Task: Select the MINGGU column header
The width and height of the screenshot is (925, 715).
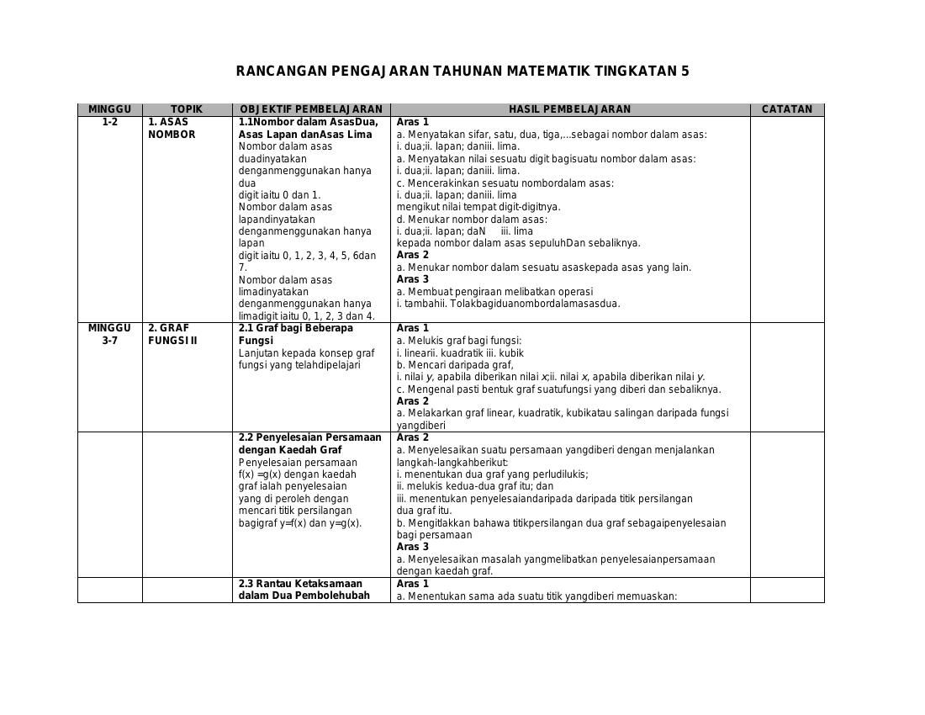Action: [x=109, y=109]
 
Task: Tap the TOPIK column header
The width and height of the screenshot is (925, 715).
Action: [x=187, y=109]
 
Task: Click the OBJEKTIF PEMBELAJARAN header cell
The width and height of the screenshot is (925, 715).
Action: [x=311, y=109]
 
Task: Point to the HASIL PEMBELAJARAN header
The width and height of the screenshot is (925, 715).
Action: [x=569, y=109]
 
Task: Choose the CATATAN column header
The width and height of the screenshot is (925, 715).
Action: [x=786, y=109]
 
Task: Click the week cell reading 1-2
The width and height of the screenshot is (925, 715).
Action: [x=109, y=122]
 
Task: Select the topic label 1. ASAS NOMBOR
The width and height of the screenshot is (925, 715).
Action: [x=172, y=128]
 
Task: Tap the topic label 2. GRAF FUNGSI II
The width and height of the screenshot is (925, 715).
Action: [x=172, y=334]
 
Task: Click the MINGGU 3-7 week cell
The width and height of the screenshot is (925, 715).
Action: [x=109, y=334]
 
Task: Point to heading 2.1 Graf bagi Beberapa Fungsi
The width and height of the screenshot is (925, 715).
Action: [x=295, y=334]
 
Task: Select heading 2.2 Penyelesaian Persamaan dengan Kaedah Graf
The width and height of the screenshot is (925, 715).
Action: [x=309, y=443]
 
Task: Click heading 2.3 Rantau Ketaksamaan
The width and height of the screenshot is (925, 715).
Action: [x=300, y=584]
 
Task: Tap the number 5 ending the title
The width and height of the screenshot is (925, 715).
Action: [x=684, y=71]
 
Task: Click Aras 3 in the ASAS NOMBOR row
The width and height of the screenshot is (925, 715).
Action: [x=413, y=279]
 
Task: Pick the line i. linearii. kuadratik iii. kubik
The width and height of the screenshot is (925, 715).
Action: [x=460, y=353]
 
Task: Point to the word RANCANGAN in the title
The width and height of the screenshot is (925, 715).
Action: [x=281, y=71]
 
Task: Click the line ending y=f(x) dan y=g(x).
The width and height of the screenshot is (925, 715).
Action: [x=300, y=523]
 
